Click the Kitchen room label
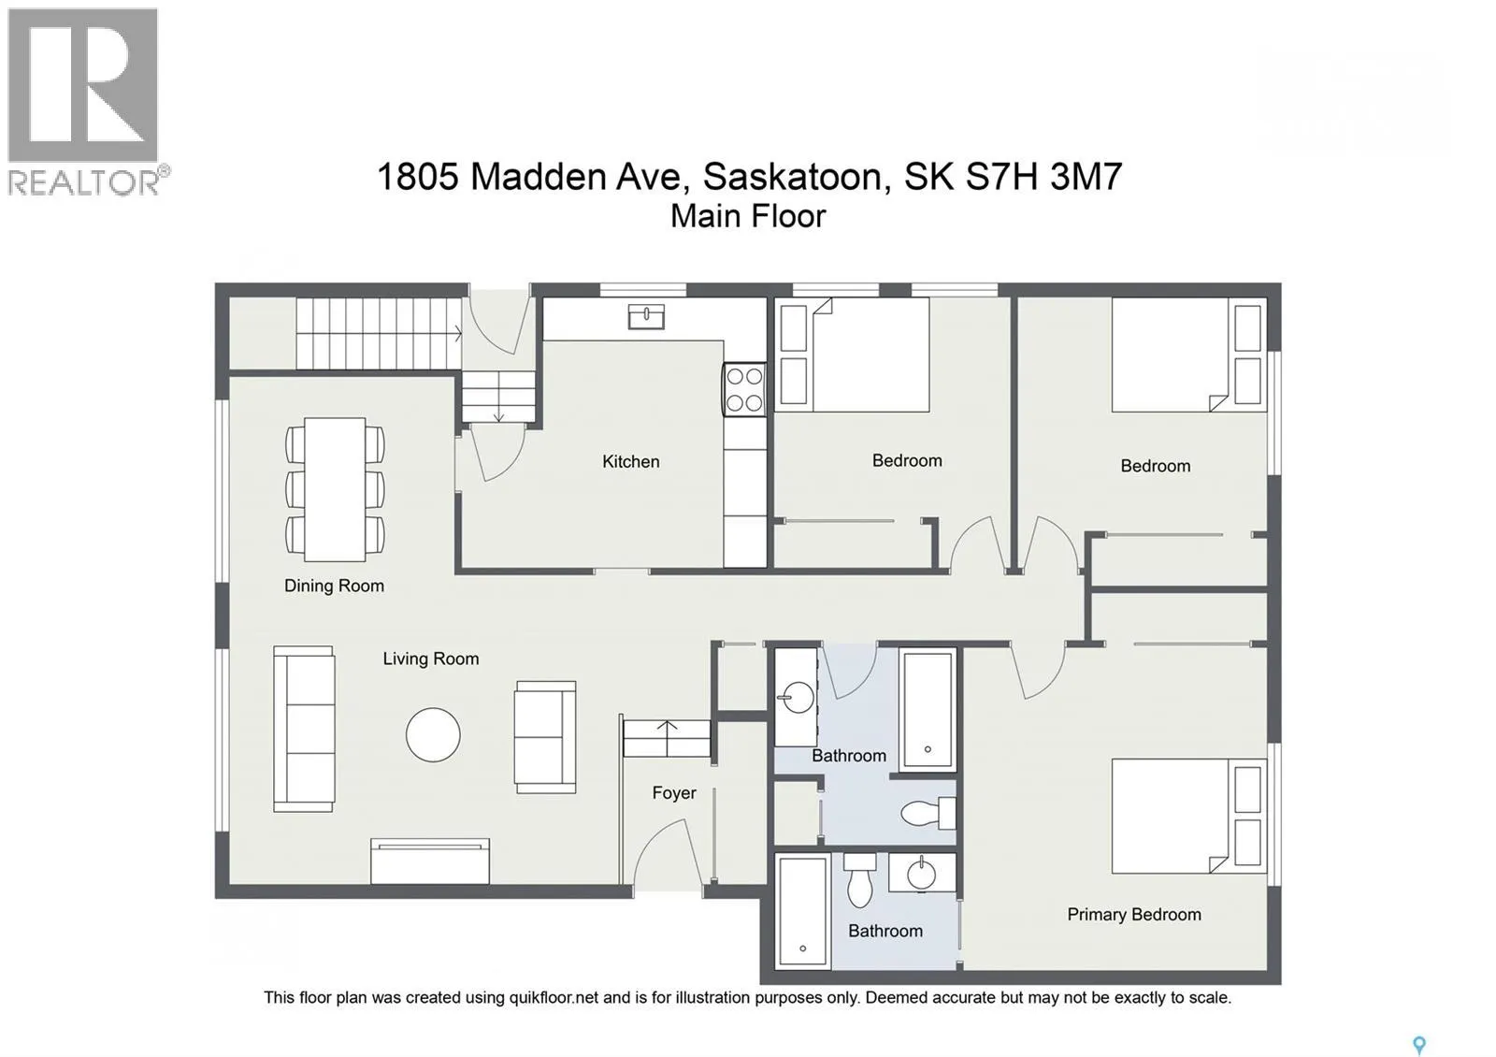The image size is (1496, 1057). (630, 462)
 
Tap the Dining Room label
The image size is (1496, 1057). (334, 586)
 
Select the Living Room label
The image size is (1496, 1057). (431, 659)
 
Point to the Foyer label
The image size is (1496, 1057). (674, 793)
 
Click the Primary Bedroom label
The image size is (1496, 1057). (1134, 915)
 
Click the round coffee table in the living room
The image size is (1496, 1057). (433, 735)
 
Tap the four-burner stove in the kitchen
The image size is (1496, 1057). (744, 389)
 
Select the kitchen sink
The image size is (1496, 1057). (646, 317)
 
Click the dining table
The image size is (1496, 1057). (335, 489)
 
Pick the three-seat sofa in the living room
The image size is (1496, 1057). (303, 729)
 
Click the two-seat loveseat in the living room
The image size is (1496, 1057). (545, 737)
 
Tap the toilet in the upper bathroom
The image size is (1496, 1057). (928, 813)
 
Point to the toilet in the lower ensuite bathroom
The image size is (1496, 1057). (859, 880)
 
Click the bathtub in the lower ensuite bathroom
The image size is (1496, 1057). (803, 911)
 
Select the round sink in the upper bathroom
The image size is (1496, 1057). (797, 698)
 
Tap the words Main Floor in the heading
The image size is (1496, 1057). (748, 216)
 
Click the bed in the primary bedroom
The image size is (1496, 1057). (1189, 816)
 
